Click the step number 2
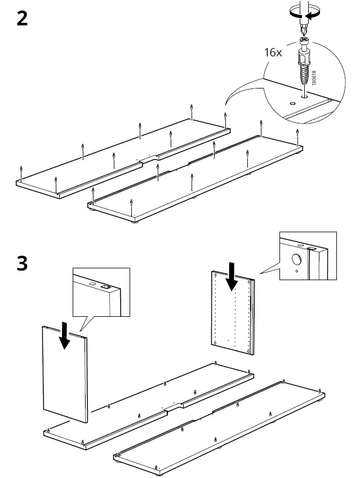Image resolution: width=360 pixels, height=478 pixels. click(x=22, y=19)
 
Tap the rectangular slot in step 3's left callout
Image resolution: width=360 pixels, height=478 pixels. click(x=104, y=286)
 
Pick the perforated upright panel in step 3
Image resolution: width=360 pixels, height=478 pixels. click(x=232, y=315)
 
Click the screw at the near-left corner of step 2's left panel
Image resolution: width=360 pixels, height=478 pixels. click(x=21, y=170)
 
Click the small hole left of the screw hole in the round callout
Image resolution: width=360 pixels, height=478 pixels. click(x=292, y=104)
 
